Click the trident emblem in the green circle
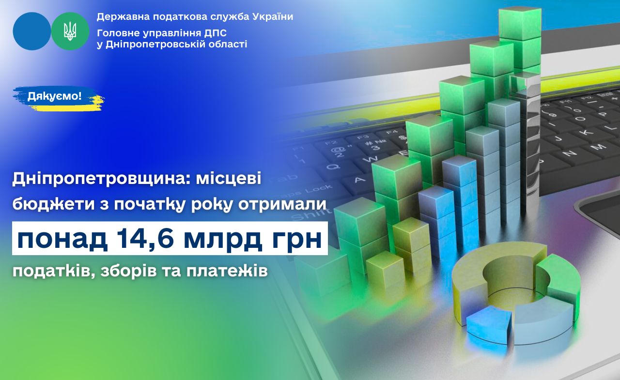click(70, 31)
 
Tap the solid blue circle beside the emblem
click(32, 31)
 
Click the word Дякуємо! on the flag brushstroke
click(55, 96)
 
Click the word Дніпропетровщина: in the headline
click(102, 180)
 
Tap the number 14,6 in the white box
click(144, 238)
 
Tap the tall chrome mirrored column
click(526, 144)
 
